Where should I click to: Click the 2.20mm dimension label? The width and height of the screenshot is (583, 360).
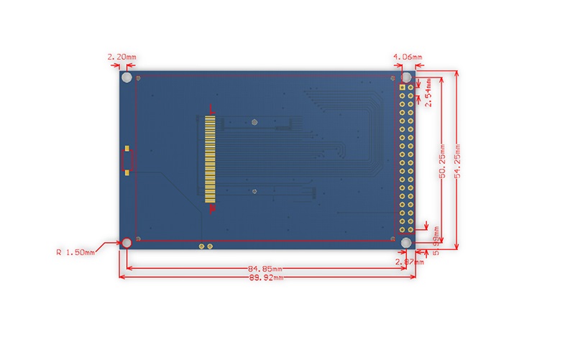click(x=121, y=56)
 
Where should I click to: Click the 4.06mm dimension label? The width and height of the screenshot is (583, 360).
click(x=408, y=56)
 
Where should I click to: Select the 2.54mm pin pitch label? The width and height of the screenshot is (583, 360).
click(x=428, y=93)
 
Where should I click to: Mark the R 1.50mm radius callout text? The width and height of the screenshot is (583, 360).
click(x=75, y=252)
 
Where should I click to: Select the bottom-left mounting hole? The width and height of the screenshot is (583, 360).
click(x=127, y=243)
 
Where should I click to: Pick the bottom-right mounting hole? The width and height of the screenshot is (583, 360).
click(x=406, y=243)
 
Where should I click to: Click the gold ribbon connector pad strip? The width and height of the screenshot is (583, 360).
click(x=209, y=158)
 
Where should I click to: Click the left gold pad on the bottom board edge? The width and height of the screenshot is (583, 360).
click(x=202, y=246)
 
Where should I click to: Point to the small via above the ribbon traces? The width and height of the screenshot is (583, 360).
click(x=254, y=121)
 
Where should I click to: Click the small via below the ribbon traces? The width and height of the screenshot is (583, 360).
click(x=254, y=191)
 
